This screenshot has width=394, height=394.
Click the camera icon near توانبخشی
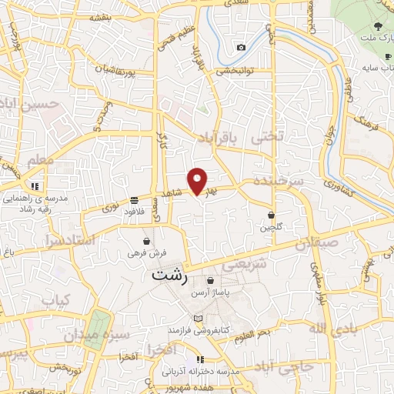pyautogui.click(x=242, y=48)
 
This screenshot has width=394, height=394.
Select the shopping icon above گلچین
pyautogui.click(x=272, y=215)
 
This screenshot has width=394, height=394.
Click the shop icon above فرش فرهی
pyautogui.click(x=146, y=241)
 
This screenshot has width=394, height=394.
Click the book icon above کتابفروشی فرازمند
pyautogui.click(x=199, y=319)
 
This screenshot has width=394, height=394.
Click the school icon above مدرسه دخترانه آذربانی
pyautogui.click(x=200, y=359)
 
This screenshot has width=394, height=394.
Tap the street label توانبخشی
pyautogui.click(x=244, y=71)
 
